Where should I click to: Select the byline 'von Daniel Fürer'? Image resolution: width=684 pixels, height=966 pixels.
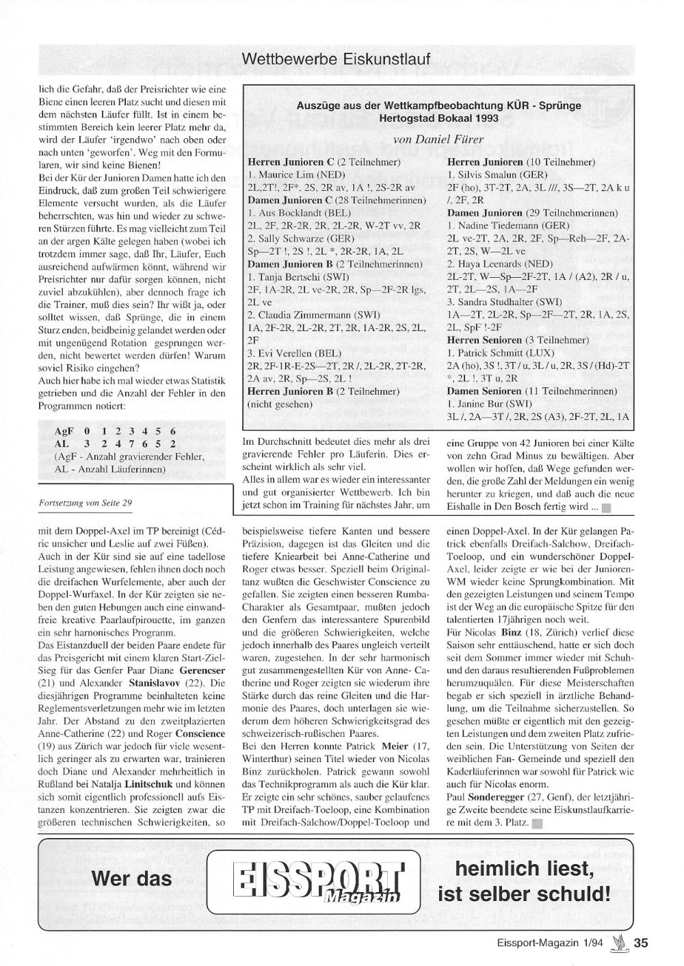438,140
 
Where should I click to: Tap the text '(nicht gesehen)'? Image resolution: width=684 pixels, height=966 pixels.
279,404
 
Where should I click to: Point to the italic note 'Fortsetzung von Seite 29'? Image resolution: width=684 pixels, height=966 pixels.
87,503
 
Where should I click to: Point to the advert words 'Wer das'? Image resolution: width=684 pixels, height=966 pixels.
132,878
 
